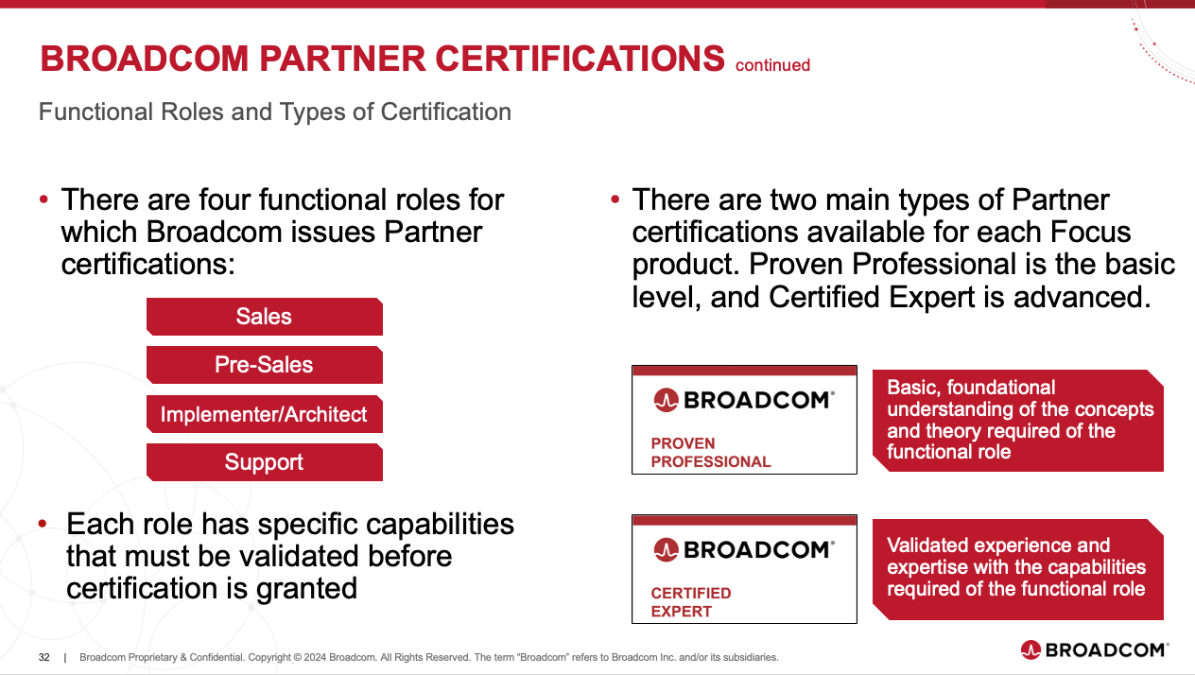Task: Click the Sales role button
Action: coord(265,317)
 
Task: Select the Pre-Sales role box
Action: coord(265,365)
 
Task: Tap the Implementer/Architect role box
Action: coord(265,414)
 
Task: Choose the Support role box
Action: coord(265,462)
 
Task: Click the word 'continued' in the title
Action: coord(772,65)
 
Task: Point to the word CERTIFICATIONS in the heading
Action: coord(580,59)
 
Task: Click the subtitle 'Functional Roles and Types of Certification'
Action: coord(275,112)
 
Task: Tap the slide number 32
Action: coord(43,657)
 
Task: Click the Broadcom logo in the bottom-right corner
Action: coord(1094,649)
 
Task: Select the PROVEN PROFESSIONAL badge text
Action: coord(711,453)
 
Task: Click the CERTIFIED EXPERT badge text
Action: coord(691,602)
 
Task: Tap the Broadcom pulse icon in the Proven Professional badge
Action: coord(666,400)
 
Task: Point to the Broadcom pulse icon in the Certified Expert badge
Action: coord(666,549)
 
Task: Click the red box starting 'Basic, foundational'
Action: coord(1018,421)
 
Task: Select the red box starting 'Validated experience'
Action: coord(1018,569)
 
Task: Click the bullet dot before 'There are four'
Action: coord(43,199)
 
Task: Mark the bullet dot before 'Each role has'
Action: coord(43,524)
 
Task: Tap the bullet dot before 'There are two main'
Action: coord(615,199)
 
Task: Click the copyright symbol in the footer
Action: coord(297,657)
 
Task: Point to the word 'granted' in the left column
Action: coord(306,590)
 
